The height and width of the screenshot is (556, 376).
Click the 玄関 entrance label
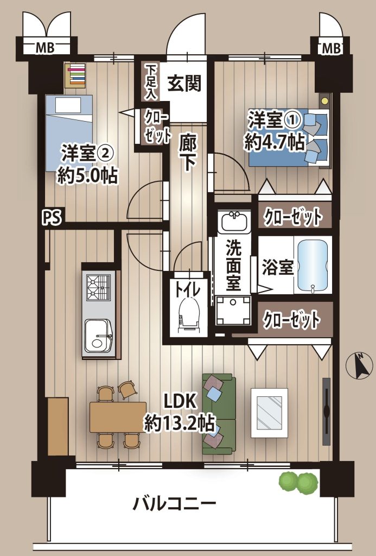pos(184,84)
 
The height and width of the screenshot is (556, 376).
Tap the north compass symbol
pos(360,367)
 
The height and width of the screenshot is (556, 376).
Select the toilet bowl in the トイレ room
pos(188,315)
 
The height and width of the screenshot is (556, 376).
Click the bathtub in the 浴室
pos(313,266)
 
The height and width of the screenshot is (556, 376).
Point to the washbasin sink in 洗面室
pos(234,222)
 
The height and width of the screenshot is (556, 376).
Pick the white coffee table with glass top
pos(269,413)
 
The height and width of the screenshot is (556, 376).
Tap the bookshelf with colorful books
pos(75,75)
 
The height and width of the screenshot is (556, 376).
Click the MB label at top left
pos(46,48)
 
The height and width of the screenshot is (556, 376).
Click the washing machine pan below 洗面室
pos(233,310)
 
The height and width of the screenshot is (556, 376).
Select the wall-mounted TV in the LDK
pos(326,412)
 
